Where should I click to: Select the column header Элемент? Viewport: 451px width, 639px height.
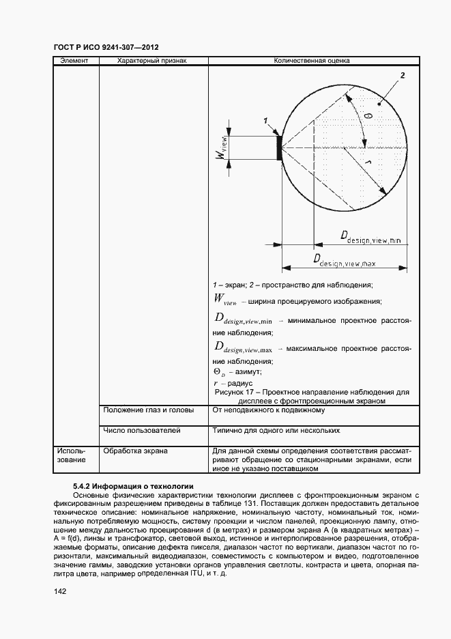(74, 61)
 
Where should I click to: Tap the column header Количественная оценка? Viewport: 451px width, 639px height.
(311, 61)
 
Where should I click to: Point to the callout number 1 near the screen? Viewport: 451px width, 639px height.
(265, 120)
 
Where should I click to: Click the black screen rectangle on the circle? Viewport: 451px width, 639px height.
(279, 148)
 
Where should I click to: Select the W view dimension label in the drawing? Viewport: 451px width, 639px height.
(221, 147)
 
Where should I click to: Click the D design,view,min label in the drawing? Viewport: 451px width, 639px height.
(373, 237)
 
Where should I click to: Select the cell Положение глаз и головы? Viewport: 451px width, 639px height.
(148, 410)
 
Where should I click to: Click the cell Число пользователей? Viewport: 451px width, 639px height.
(141, 431)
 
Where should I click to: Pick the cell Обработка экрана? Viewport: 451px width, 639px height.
(135, 451)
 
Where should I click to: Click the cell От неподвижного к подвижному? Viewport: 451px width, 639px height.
(268, 410)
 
